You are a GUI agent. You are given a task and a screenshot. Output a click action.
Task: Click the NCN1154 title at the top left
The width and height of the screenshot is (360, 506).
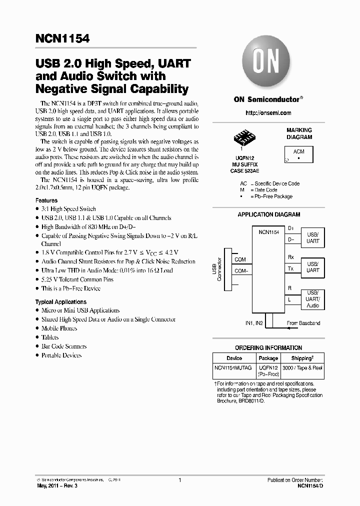(x=62, y=38)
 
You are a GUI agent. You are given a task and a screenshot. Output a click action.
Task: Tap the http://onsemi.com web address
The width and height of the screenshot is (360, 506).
(x=268, y=113)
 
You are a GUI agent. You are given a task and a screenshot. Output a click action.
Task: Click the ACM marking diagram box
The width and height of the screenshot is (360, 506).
(x=298, y=154)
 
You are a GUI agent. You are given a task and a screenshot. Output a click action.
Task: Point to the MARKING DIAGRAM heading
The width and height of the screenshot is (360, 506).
(x=299, y=133)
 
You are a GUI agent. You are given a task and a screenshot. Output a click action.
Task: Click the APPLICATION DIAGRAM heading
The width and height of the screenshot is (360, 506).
(x=268, y=214)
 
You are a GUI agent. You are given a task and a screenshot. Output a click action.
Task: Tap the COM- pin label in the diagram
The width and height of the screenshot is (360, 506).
(x=241, y=270)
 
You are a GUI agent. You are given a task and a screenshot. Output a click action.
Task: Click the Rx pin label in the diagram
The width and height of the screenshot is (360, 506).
(x=290, y=257)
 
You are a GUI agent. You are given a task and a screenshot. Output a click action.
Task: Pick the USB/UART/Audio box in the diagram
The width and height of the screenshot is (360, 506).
(x=312, y=299)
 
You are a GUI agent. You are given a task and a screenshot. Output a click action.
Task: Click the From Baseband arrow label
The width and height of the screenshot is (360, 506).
(x=303, y=323)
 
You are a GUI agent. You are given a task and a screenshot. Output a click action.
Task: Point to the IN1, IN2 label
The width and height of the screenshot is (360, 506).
(x=254, y=323)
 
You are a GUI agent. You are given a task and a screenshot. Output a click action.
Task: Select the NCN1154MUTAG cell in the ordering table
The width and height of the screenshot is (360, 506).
(x=234, y=367)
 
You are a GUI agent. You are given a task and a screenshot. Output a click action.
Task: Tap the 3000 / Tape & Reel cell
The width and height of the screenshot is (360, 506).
(x=302, y=367)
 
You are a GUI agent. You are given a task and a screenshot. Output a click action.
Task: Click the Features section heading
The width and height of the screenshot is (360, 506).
(x=46, y=200)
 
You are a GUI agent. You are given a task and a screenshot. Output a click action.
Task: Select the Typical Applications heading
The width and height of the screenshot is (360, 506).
(x=60, y=302)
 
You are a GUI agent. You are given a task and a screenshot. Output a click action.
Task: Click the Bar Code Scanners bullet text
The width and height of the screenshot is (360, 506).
(x=64, y=346)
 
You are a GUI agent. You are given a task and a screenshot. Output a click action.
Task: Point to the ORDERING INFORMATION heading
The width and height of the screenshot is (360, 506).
(x=268, y=348)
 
